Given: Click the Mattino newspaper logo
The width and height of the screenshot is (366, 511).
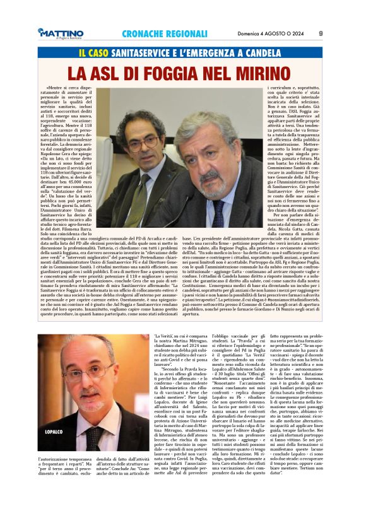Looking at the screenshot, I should coord(60,33).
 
